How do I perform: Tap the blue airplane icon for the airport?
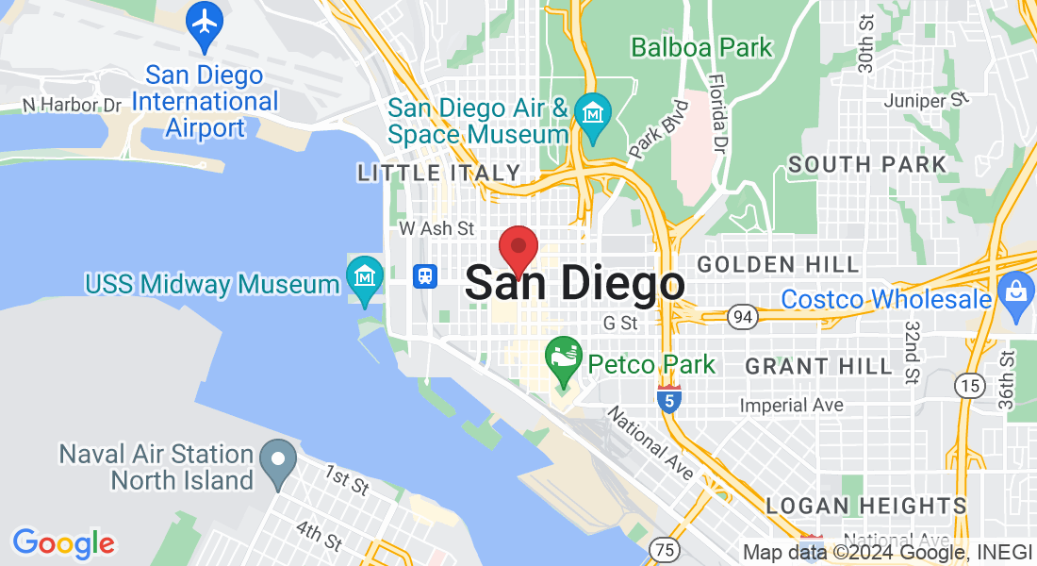click(x=204, y=25)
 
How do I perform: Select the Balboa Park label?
click(x=701, y=46)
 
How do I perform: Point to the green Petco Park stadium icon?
click(x=564, y=359)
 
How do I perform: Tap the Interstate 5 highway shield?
click(x=668, y=399)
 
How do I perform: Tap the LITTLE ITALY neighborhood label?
click(x=438, y=173)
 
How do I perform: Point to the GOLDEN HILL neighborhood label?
click(x=779, y=264)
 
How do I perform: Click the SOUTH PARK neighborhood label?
click(x=867, y=164)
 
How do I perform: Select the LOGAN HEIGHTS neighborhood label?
click(x=866, y=506)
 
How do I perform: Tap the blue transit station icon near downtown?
click(x=426, y=275)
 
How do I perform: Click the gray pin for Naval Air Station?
click(x=278, y=463)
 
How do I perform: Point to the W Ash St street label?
click(x=436, y=228)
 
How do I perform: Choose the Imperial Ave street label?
click(x=792, y=405)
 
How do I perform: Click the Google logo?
click(x=63, y=542)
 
